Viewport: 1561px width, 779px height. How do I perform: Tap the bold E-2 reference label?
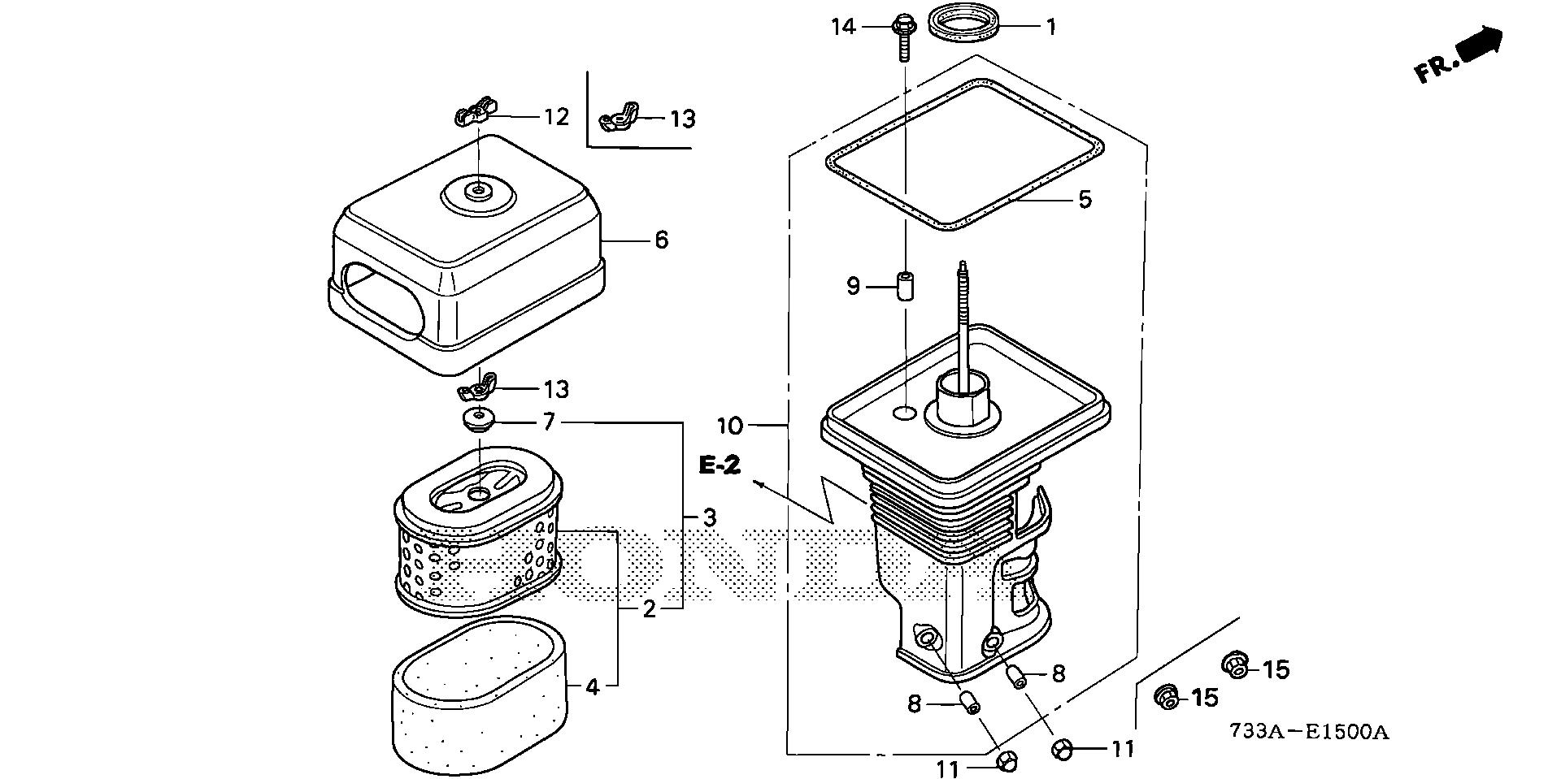pyautogui.click(x=720, y=465)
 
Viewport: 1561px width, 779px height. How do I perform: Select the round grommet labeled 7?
pyautogui.click(x=477, y=422)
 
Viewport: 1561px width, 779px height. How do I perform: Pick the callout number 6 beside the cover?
pyautogui.click(x=661, y=240)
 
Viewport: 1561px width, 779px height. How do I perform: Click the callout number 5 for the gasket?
pyautogui.click(x=1085, y=199)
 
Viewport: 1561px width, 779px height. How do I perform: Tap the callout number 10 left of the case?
pyautogui.click(x=730, y=425)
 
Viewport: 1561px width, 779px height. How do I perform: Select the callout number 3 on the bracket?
pyautogui.click(x=709, y=517)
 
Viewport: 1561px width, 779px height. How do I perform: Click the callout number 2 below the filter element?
pyautogui.click(x=649, y=609)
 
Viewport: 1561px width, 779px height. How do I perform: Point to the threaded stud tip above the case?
pyautogui.click(x=963, y=268)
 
